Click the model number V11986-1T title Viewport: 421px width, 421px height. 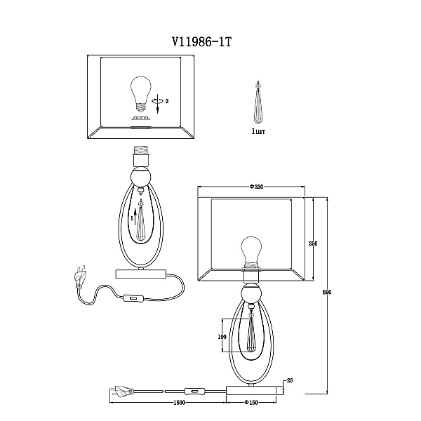pos(201,42)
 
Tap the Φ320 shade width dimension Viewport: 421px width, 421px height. pos(256,187)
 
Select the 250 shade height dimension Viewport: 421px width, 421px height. pos(313,243)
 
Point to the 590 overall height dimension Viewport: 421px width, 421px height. pos(327,292)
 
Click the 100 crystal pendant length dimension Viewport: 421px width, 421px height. pos(222,336)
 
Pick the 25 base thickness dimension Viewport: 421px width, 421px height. pos(290,380)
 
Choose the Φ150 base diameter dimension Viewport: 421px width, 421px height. pos(251,403)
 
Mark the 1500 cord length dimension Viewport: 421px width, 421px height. pos(180,403)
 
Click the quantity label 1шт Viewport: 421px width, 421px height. pos(258,131)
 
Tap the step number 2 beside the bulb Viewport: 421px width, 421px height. pos(167,101)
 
